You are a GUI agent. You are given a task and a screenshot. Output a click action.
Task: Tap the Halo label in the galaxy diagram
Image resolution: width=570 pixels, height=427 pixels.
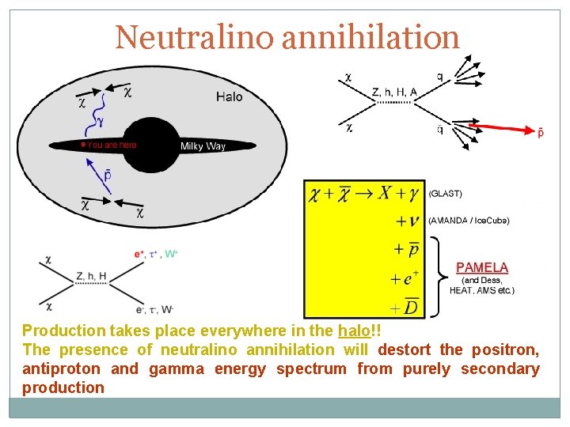pos(229,96)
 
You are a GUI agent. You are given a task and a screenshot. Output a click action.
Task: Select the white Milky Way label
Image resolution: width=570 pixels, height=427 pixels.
pos(203,146)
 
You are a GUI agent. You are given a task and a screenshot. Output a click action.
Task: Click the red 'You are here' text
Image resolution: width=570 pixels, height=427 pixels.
pos(112,145)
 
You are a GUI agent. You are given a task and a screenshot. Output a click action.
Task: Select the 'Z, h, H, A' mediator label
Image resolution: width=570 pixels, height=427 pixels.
pos(393,93)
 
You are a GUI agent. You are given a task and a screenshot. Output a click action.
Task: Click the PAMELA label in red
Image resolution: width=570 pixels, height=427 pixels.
pos(481,268)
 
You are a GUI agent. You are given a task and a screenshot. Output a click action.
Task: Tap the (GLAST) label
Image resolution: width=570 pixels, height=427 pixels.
pos(445,193)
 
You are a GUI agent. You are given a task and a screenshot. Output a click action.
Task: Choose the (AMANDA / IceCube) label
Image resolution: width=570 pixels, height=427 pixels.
pos(469,221)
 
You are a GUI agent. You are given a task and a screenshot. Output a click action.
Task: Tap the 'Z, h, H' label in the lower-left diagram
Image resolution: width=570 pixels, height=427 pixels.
pos(92,276)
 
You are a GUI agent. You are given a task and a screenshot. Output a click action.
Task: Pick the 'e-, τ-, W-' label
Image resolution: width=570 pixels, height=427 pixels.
pos(158,309)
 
